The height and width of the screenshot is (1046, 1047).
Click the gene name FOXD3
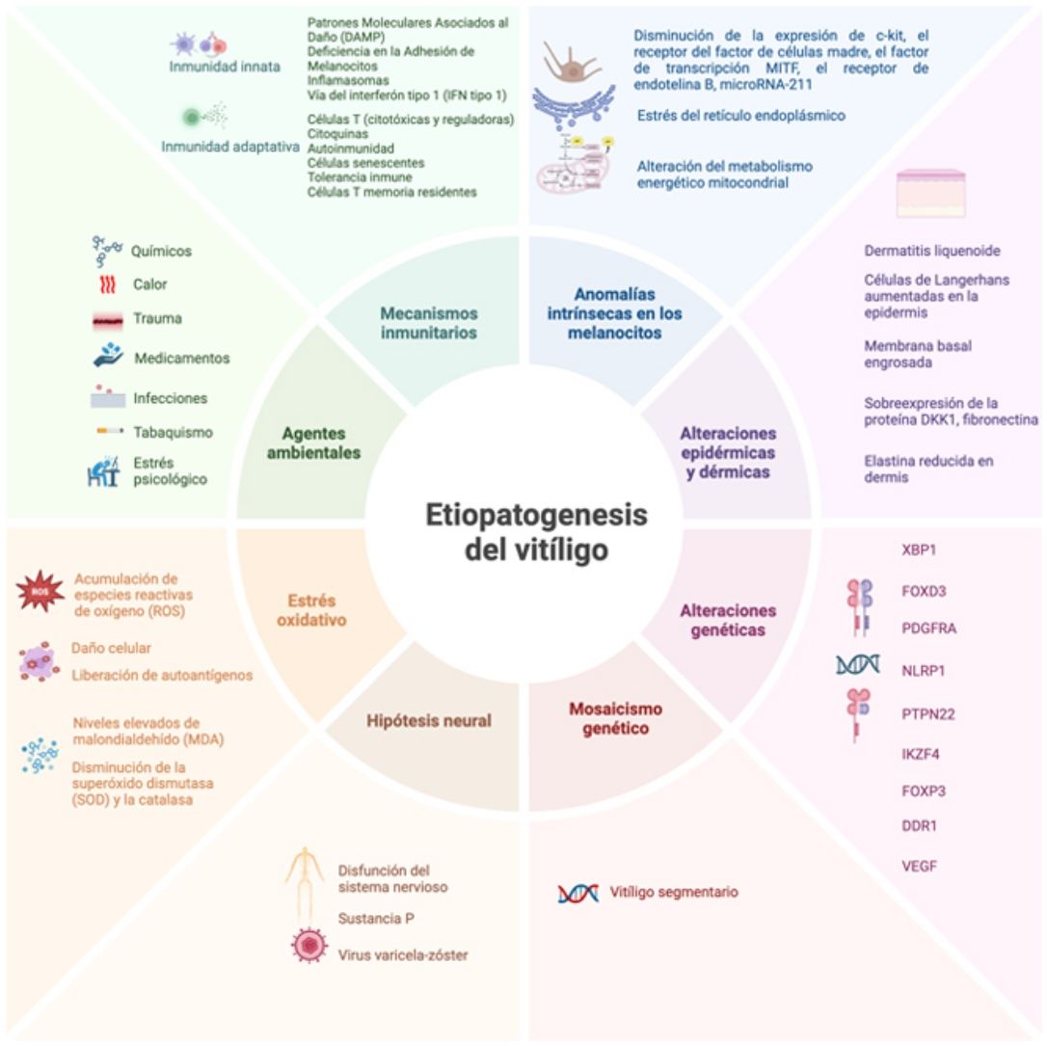916,590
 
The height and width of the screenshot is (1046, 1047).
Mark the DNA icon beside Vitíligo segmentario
577,894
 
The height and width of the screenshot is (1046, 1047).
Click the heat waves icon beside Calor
107,285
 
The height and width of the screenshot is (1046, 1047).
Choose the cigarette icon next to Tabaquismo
107,432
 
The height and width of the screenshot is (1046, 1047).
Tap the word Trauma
158,318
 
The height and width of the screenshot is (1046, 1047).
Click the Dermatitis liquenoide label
932,251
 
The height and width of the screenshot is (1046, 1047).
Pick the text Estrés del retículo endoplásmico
740,116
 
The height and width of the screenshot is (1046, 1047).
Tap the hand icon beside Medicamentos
108,356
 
